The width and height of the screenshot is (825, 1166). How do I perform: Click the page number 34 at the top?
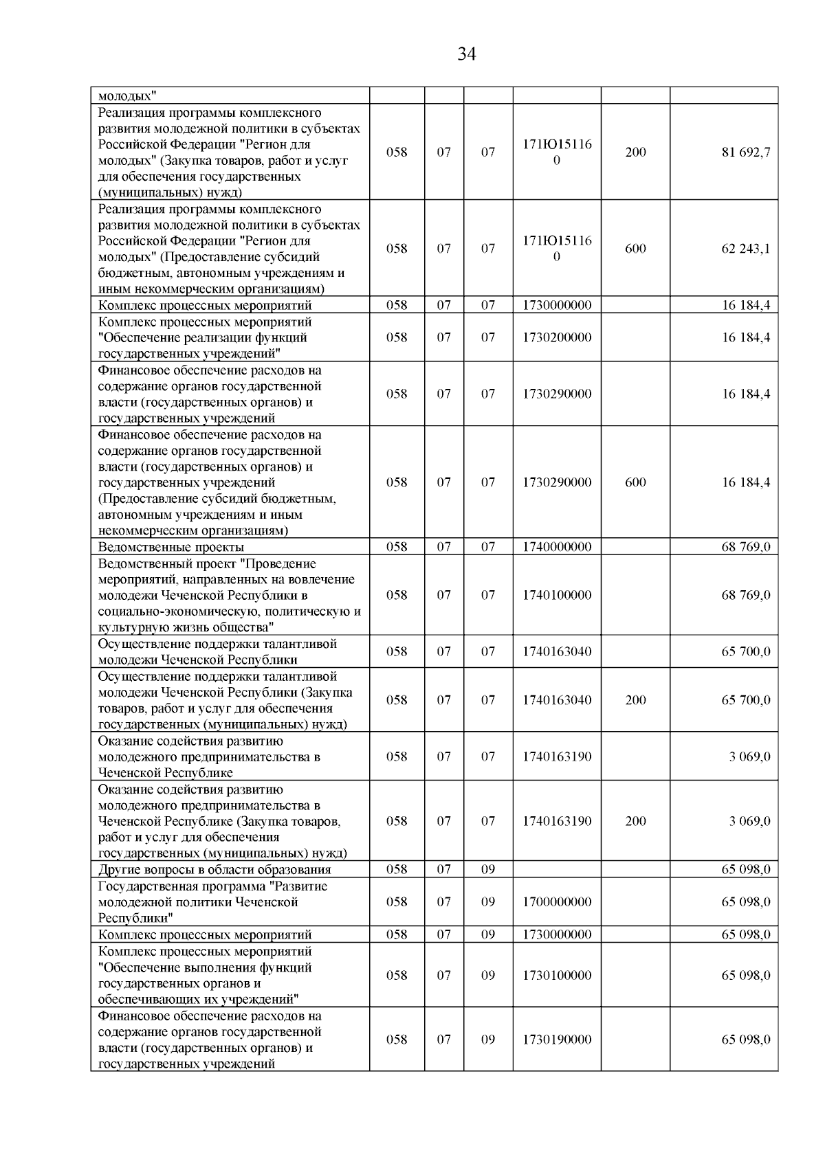(x=467, y=54)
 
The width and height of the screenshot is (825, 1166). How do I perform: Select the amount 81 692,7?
(x=745, y=152)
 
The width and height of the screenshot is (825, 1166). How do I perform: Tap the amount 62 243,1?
(x=745, y=249)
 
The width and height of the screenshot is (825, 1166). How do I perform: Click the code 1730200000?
(x=556, y=337)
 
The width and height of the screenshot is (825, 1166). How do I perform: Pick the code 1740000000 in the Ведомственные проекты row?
(x=556, y=547)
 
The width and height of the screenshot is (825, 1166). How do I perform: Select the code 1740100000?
(x=556, y=595)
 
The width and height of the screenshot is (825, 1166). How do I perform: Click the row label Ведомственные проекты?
(x=171, y=547)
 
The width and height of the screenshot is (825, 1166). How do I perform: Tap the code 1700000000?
(x=556, y=901)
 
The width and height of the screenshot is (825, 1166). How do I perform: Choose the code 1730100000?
(x=556, y=975)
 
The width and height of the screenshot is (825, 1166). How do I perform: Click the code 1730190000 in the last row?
(x=556, y=1040)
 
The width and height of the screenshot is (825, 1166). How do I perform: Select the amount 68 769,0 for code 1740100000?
(x=745, y=595)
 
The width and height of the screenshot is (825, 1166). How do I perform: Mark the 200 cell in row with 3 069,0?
(x=635, y=821)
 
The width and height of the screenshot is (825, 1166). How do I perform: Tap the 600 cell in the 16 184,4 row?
(x=635, y=482)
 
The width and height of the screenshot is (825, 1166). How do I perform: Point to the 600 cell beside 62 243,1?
(x=635, y=249)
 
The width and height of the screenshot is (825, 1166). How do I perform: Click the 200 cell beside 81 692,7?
(x=635, y=152)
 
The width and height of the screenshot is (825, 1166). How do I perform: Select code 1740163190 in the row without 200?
(x=556, y=756)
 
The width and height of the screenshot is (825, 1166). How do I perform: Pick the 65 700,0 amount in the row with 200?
(x=745, y=700)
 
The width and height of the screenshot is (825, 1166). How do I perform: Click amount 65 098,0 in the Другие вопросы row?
(x=745, y=869)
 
